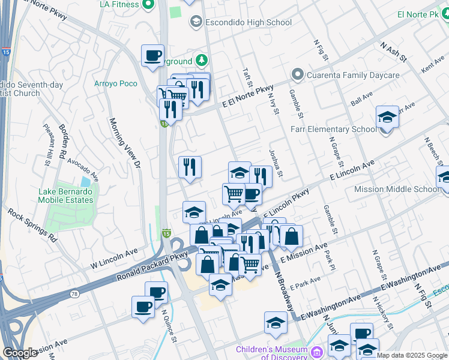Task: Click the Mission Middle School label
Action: click(396, 189)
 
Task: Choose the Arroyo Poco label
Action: click(116, 83)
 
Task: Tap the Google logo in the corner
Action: click(20, 353)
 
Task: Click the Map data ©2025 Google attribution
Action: click(412, 355)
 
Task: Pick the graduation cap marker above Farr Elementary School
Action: click(387, 116)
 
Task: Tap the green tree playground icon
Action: click(203, 61)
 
